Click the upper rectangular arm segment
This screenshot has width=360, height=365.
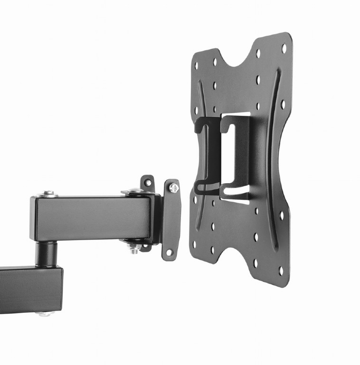90,218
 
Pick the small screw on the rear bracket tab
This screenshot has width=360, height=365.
149,182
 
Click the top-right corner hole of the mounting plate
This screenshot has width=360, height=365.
284,47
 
